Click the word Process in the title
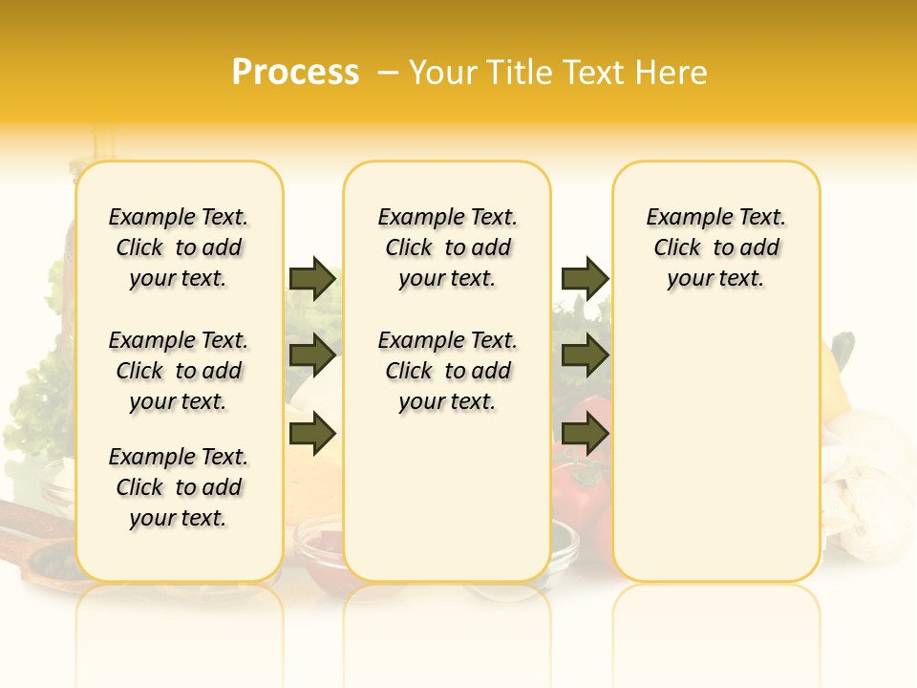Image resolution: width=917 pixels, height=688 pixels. click(x=295, y=73)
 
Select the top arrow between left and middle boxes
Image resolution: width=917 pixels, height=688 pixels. click(x=312, y=278)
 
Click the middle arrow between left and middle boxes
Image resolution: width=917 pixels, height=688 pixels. click(x=312, y=355)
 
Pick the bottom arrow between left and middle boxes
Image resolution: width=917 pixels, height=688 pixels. click(x=312, y=433)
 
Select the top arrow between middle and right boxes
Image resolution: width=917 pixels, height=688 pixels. click(x=585, y=278)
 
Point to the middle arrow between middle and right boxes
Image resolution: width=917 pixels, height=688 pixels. click(x=585, y=355)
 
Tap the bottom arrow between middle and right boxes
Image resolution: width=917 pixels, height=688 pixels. click(x=585, y=433)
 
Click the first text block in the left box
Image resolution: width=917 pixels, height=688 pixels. click(x=179, y=247)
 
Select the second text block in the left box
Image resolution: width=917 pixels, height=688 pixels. click(x=179, y=371)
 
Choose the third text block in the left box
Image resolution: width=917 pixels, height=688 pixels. click(x=179, y=487)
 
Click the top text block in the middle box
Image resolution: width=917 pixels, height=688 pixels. click(x=447, y=247)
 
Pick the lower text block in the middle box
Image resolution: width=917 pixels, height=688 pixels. click(x=447, y=371)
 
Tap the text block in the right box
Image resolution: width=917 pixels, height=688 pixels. click(x=715, y=247)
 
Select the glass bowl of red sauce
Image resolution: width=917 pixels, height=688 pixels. click(x=317, y=545)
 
